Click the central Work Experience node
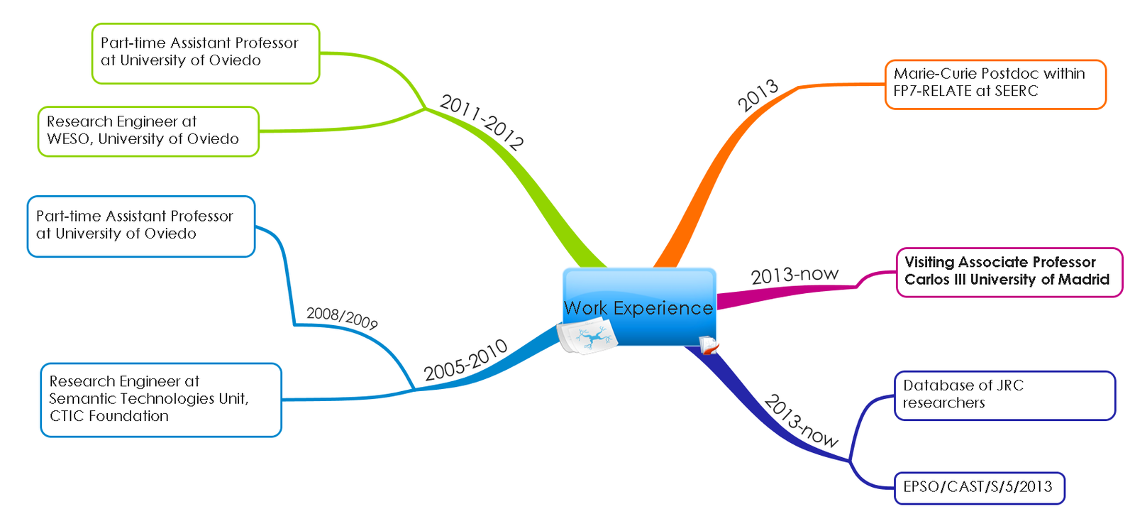point(638,307)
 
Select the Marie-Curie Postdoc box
point(995,84)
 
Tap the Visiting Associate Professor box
point(1008,272)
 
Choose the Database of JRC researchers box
point(1004,395)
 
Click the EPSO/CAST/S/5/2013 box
point(979,488)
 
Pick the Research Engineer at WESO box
point(148,131)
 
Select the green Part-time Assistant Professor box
point(205,53)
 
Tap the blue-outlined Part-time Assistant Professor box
point(140,226)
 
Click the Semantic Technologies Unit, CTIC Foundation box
point(160,400)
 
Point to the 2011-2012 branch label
point(482,123)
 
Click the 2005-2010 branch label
point(465,360)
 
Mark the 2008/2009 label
point(342,317)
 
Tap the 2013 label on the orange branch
point(758,96)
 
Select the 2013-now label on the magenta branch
point(794,275)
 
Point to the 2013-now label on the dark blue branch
point(801,421)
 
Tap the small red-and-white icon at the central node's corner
point(709,346)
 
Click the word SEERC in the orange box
point(1016,92)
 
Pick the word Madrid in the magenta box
point(1083,280)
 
